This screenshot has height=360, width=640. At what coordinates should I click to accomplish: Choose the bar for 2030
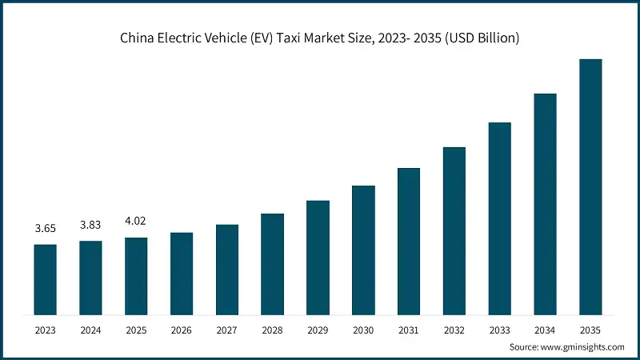(x=363, y=249)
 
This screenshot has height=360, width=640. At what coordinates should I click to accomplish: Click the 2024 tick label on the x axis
(x=90, y=329)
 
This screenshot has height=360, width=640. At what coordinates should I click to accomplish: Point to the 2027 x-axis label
(x=226, y=329)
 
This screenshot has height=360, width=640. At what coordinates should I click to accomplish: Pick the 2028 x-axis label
(x=272, y=329)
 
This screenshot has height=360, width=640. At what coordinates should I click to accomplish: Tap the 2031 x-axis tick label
(x=409, y=329)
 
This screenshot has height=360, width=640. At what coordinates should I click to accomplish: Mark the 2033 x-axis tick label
(x=499, y=329)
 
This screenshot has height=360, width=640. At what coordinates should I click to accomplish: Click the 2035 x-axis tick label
(x=590, y=329)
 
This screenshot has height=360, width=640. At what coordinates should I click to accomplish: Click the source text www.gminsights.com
(x=582, y=347)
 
